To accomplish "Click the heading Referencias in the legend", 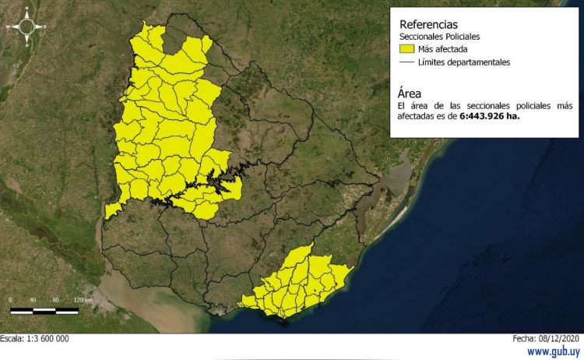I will (427, 23).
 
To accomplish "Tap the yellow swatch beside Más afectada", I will (406, 49).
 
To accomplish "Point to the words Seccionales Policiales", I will (439, 37).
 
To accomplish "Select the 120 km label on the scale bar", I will (83, 300).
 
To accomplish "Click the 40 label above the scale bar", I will (33, 300).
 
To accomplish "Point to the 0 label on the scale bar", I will (11, 300).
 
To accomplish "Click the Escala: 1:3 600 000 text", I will (35, 339).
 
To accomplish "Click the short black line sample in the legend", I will (406, 62).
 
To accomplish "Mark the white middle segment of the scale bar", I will (44, 310).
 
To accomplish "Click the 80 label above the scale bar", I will (56, 300).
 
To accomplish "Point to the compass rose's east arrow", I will (44, 26).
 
